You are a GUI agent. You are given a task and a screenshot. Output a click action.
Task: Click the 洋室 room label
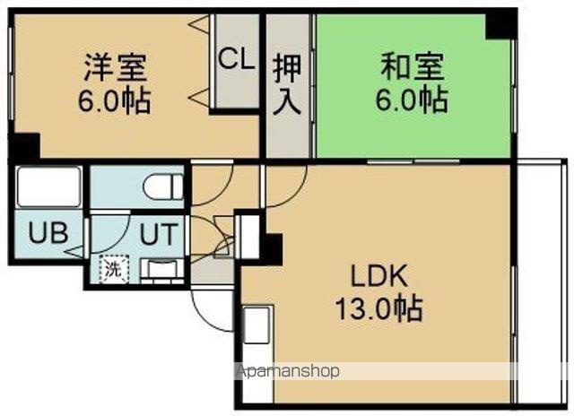tap(115, 66)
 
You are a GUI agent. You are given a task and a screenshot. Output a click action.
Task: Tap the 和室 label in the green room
tap(412, 65)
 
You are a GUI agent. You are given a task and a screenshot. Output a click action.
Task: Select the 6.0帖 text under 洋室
tap(115, 99)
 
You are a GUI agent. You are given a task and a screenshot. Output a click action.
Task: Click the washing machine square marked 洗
tap(114, 267)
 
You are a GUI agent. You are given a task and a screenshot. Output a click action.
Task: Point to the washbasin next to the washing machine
tap(161, 267)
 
